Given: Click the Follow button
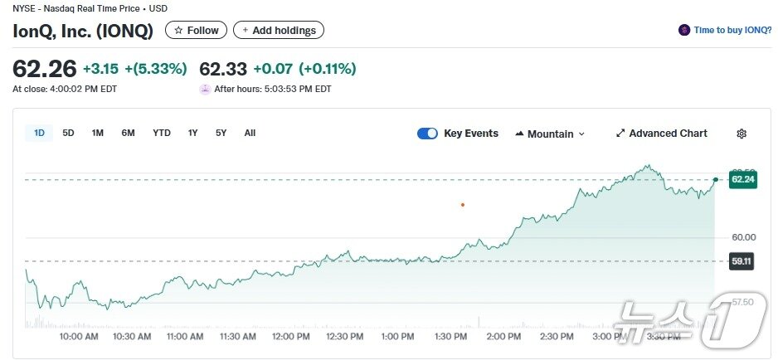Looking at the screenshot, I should click(x=197, y=31).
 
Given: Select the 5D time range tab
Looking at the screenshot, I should click(x=68, y=133).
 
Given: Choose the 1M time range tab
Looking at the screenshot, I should click(x=98, y=133).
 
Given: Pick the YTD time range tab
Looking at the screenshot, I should click(x=162, y=133).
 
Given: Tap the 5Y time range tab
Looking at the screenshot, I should click(x=221, y=133).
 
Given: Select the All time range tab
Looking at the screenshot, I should click(x=250, y=133).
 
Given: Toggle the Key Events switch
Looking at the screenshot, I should click(x=427, y=134).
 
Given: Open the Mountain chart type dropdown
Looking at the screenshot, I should click(x=550, y=134).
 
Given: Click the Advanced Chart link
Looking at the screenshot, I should click(x=661, y=134).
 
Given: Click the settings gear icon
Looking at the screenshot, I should click(x=742, y=134).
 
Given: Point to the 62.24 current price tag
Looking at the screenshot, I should click(x=742, y=178).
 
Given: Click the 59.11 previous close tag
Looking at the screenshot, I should click(x=742, y=261).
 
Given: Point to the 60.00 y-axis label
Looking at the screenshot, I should click(x=743, y=237).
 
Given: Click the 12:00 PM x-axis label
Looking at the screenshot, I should click(x=291, y=337).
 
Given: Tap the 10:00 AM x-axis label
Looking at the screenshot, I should click(x=79, y=337).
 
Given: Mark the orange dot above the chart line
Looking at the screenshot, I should click(x=463, y=204).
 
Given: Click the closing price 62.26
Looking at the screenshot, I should click(x=45, y=69).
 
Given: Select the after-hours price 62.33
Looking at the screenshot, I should click(x=223, y=69).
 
